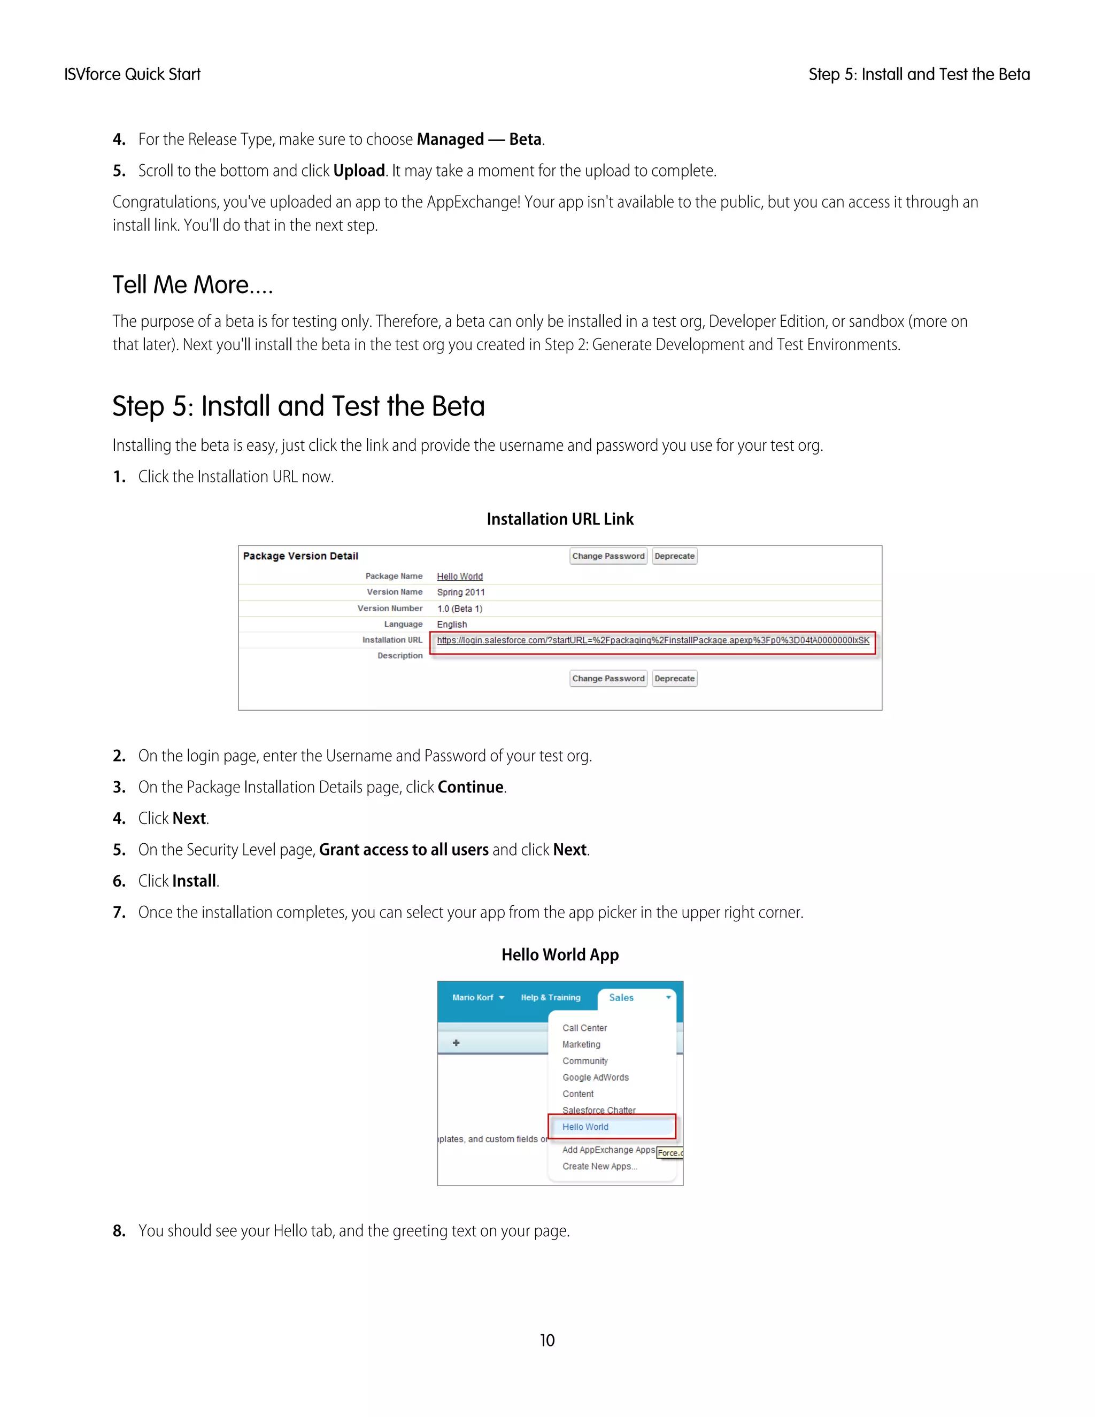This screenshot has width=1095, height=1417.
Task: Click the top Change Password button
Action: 608,556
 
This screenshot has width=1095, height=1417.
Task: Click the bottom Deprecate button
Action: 674,678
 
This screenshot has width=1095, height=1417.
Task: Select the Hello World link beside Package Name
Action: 459,576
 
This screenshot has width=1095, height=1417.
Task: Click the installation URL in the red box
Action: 653,641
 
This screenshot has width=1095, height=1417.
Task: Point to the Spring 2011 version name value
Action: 460,592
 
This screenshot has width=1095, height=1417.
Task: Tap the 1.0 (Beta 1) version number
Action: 459,609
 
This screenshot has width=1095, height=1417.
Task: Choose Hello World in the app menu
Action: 585,1127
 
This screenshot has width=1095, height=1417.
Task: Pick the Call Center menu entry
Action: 584,1028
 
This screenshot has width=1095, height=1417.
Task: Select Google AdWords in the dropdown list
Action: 595,1077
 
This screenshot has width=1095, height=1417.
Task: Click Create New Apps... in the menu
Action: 599,1166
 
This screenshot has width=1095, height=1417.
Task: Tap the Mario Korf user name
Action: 473,997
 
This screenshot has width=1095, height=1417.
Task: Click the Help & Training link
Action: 550,997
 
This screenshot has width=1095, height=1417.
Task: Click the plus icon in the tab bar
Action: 456,1043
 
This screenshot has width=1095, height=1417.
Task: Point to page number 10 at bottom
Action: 547,1341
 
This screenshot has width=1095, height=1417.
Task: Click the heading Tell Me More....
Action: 192,285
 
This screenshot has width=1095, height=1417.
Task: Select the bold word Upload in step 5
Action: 359,171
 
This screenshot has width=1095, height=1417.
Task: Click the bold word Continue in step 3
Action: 471,787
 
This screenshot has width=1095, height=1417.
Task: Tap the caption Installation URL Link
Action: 560,519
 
